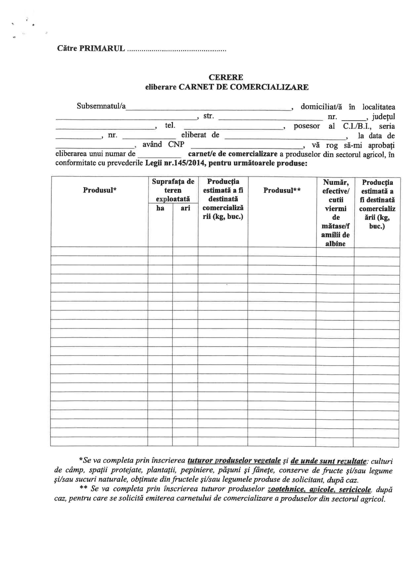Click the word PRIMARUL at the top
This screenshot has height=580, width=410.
(102, 48)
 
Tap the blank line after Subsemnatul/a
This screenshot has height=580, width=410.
(208, 108)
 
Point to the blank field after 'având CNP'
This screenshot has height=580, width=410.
(247, 146)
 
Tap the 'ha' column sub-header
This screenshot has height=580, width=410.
(160, 208)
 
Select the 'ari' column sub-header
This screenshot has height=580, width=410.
(185, 208)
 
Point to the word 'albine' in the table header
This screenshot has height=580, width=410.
(335, 244)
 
